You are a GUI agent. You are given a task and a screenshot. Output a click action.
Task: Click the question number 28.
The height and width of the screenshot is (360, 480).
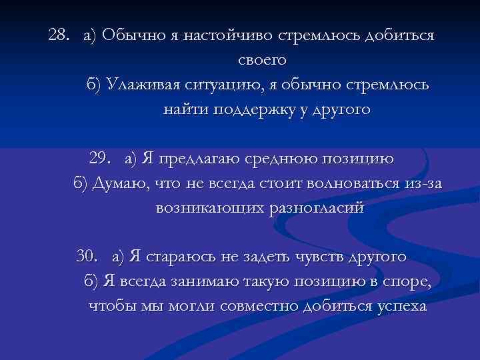click(x=59, y=35)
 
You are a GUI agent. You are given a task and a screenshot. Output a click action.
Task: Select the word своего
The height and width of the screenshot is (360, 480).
click(x=261, y=61)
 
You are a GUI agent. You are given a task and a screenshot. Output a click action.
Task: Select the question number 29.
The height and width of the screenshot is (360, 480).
click(x=101, y=159)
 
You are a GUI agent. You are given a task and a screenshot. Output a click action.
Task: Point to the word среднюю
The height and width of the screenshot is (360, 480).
click(x=274, y=159)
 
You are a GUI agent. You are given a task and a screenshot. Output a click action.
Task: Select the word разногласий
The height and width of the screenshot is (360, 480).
click(x=315, y=208)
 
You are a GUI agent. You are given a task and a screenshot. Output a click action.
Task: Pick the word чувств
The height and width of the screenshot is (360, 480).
click(x=315, y=257)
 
